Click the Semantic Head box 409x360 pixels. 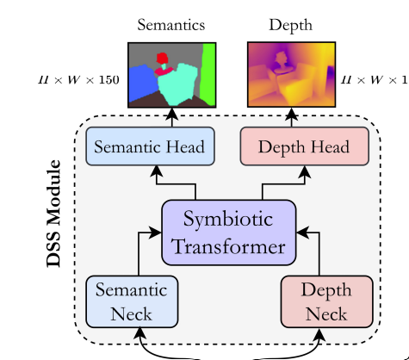tap(150, 146)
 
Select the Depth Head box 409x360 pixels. tap(304, 146)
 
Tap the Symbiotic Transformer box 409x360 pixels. tap(229, 233)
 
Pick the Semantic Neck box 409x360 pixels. tap(132, 301)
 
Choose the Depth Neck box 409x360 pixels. tap(327, 301)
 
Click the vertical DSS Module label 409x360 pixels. tap(53, 214)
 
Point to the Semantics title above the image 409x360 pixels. tap(171, 25)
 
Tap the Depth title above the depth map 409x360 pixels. tap(290, 26)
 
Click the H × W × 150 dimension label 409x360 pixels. tap(78, 80)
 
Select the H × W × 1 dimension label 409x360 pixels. tap(375, 80)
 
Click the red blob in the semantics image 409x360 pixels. tap(162, 59)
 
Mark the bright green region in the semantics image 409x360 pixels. tap(208, 74)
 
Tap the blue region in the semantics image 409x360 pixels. tap(144, 83)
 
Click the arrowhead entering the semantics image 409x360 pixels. tap(172, 113)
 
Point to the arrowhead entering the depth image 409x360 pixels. tap(292, 113)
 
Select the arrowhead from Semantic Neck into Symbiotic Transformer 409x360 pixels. tap(155, 233)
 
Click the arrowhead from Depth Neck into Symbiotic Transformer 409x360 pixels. tap(303, 233)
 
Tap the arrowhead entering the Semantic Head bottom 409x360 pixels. tap(157, 171)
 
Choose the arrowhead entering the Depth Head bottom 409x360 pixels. tap(305, 171)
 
